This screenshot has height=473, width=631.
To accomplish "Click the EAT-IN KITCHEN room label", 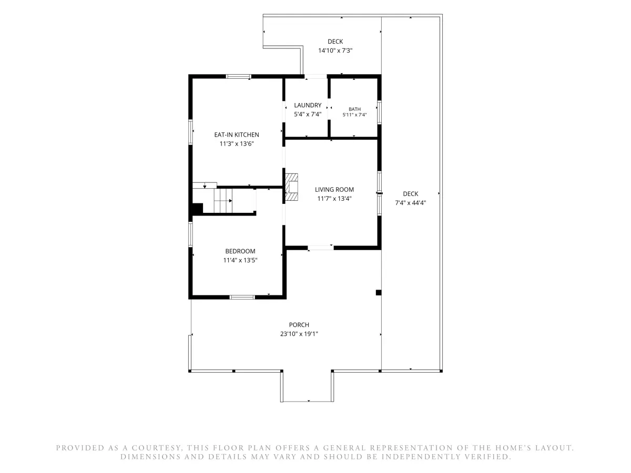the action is coord(236,135).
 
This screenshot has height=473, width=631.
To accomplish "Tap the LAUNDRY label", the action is coord(307,105).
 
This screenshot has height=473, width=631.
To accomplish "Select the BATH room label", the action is coord(354,109).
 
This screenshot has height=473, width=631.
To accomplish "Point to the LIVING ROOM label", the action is coord(334,190).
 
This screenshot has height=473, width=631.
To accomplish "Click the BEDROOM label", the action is coord(240,251).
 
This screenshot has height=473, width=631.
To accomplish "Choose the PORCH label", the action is coord(299,325).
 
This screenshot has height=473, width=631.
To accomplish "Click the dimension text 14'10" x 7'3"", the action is coord(335,50).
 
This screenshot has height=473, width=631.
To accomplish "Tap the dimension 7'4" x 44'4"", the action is coord(410,203).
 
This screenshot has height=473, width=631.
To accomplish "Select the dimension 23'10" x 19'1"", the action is coord(299,334).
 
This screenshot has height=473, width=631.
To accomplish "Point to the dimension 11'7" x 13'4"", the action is coord(334,199).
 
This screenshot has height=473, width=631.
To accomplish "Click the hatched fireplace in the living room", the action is coord(291,187).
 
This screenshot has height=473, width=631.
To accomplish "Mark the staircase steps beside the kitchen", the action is coord(223,201).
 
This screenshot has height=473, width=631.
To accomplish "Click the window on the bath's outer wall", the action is coord(379,112).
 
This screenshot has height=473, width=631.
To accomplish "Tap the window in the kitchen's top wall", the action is coord(238,76).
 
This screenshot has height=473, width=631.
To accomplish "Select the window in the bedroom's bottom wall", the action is coord(242,297).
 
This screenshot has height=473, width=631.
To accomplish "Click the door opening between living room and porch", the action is coord(321,248).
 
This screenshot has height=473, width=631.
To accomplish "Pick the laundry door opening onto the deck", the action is coord(315,76).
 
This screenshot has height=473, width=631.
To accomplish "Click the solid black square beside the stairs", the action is coord(198,208).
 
